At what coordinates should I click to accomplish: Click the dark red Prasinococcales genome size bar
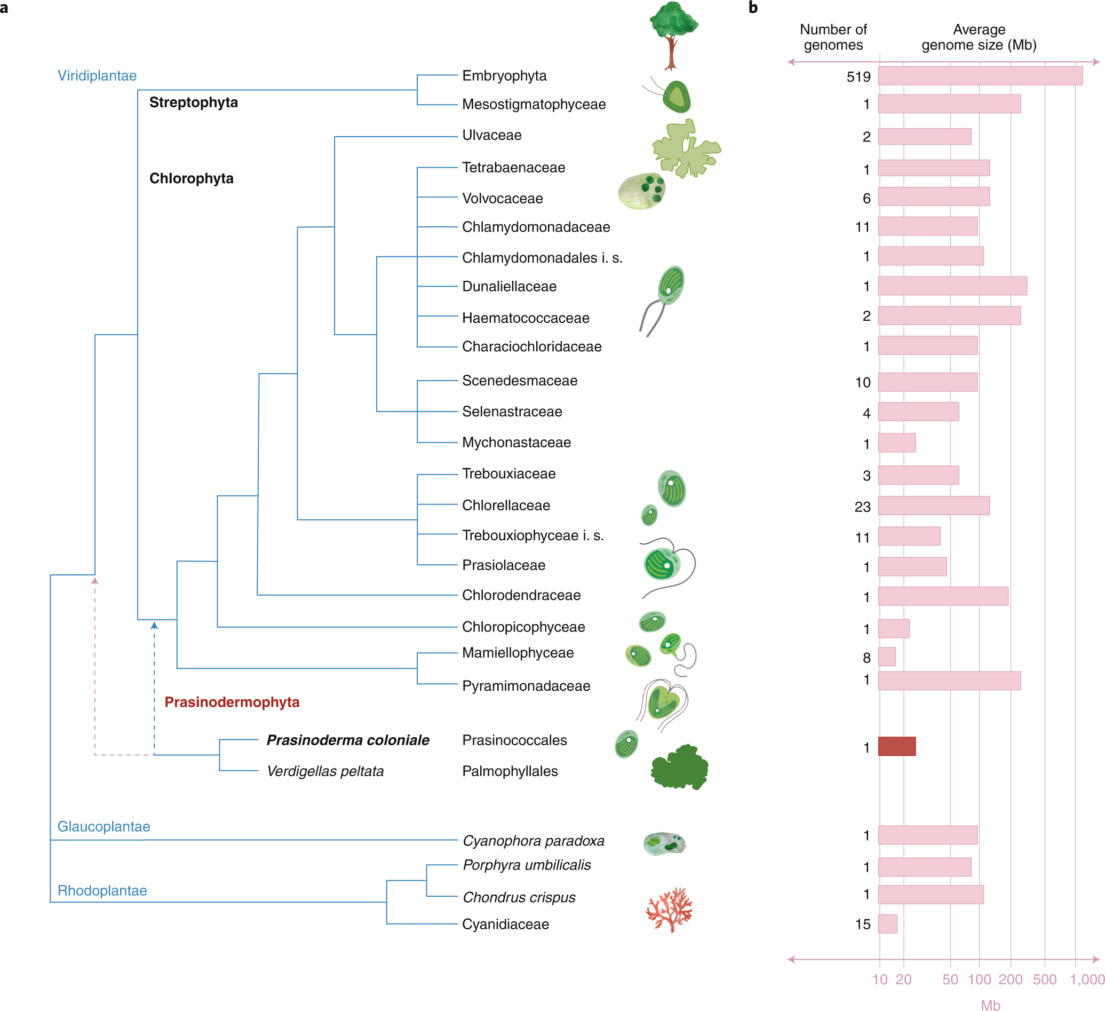897,746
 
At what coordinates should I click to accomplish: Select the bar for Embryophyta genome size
980,76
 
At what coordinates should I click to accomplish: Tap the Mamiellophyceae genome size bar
887,656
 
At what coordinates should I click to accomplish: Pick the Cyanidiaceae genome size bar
887,924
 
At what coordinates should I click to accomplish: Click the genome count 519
858,77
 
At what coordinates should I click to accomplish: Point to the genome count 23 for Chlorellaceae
862,507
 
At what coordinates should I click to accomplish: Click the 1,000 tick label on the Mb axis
1087,980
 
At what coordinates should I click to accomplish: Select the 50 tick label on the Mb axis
950,980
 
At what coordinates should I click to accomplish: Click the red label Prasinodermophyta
232,702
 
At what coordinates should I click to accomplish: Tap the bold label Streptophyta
194,102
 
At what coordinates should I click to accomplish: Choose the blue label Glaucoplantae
104,826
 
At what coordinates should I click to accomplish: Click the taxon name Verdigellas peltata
325,771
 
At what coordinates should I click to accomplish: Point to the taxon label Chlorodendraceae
521,595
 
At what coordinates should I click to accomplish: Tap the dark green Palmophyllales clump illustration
680,768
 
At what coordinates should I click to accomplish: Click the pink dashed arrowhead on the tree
95,581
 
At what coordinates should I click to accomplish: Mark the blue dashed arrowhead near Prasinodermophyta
155,626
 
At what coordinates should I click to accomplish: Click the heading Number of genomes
833,37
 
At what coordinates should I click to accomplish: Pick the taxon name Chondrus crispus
519,897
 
